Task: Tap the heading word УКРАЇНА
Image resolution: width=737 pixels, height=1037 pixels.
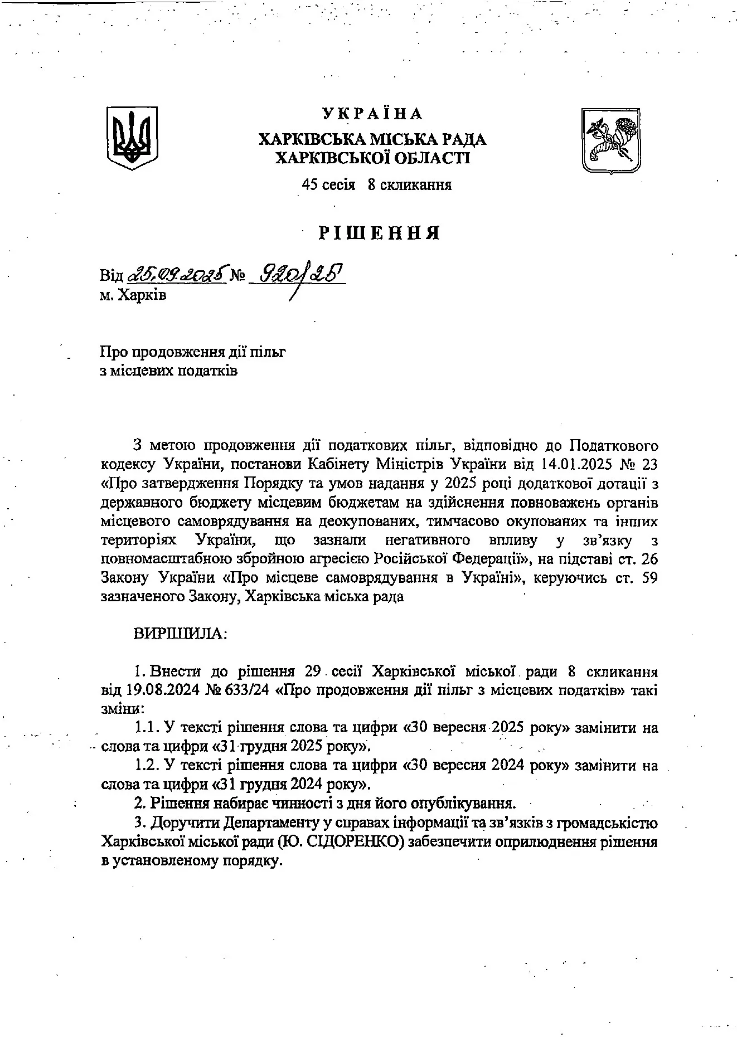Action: coord(372,114)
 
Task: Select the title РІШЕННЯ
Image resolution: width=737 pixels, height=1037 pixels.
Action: coord(380,232)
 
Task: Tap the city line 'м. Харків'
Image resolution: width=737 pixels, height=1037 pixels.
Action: coord(133,295)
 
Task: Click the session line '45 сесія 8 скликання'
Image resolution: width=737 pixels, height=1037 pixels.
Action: coord(376,185)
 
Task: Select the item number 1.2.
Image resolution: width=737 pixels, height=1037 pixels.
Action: coord(147,766)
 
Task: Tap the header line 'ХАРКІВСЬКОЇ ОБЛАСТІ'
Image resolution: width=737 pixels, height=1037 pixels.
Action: coord(373,158)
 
